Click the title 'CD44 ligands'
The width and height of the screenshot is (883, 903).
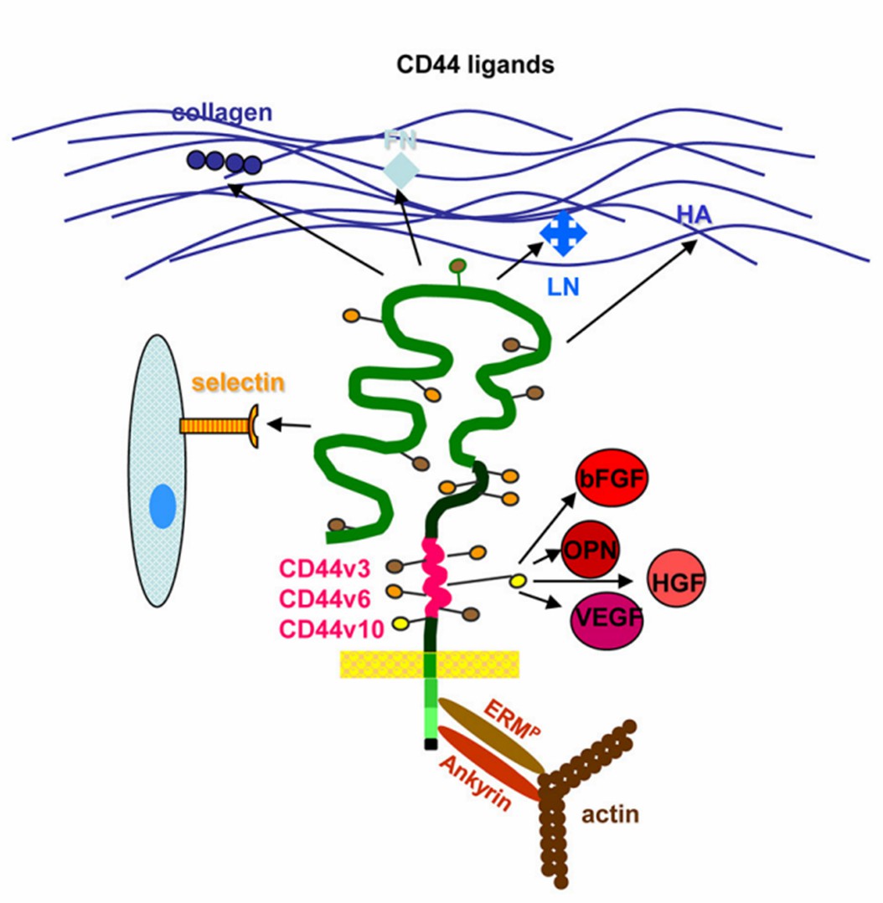point(475,64)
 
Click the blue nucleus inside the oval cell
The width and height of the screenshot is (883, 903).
point(163,509)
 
